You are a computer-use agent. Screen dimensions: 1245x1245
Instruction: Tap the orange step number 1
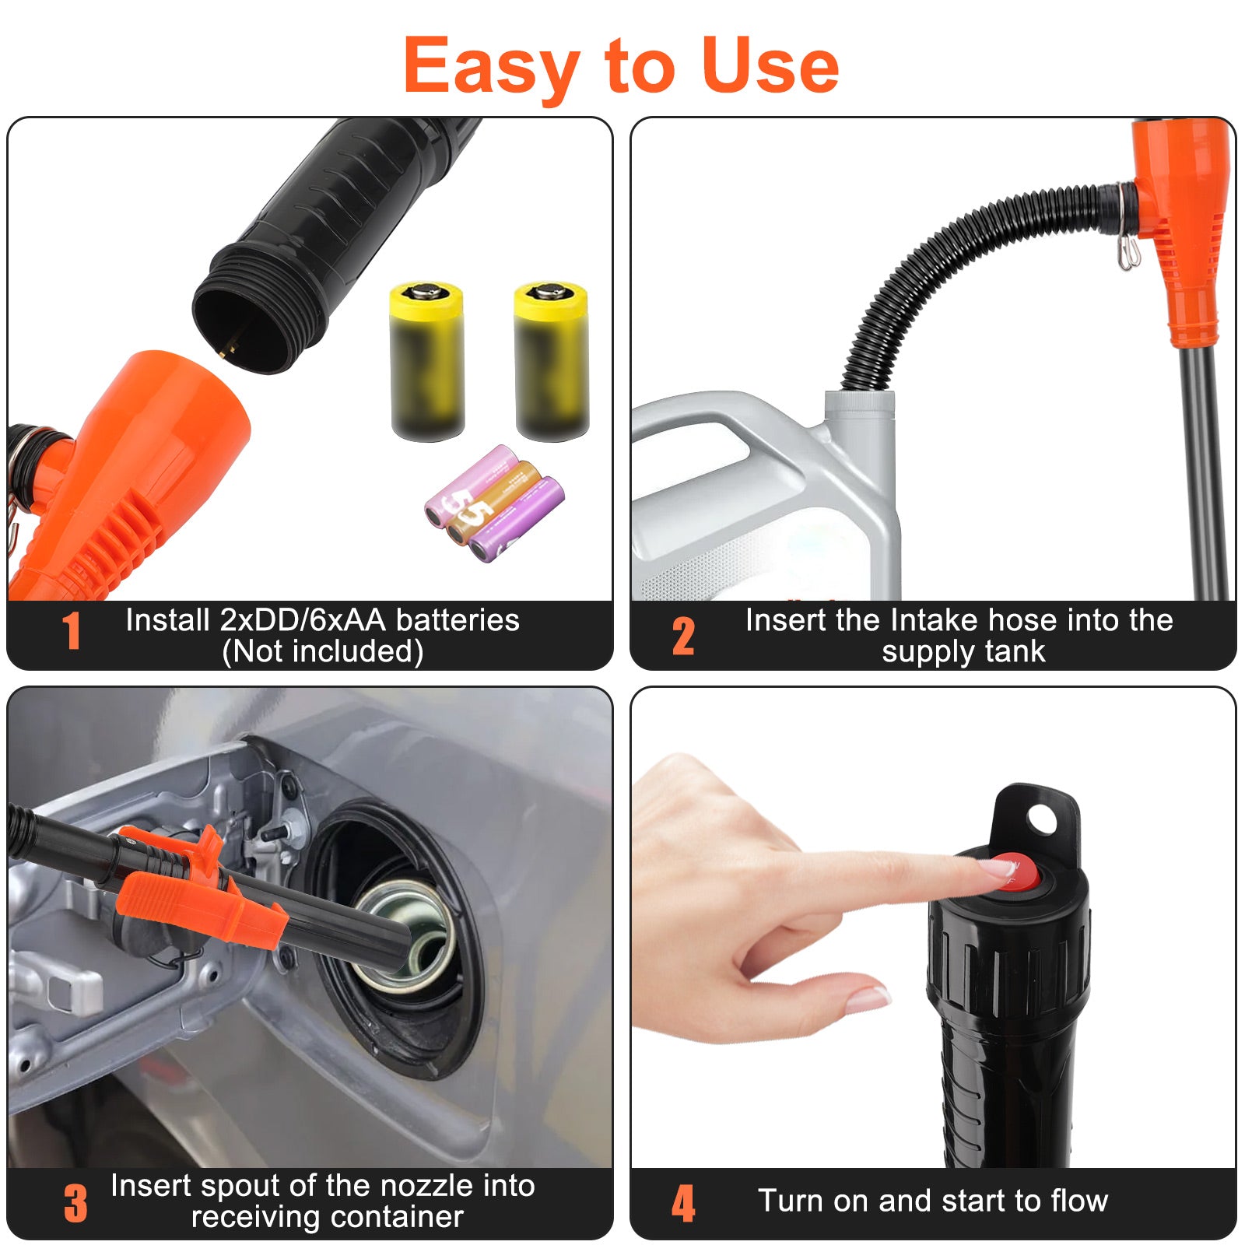click(72, 631)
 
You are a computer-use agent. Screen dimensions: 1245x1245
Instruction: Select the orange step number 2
click(683, 636)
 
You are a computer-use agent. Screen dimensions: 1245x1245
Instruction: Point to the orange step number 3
click(75, 1203)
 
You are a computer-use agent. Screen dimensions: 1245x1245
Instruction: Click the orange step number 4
click(683, 1203)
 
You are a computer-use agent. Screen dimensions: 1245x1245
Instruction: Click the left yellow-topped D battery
click(426, 362)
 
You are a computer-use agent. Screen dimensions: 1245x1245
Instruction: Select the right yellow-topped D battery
click(552, 362)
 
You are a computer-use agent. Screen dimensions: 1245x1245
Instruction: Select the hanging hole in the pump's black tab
click(1041, 819)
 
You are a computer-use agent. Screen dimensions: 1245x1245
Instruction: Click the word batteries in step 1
click(458, 620)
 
